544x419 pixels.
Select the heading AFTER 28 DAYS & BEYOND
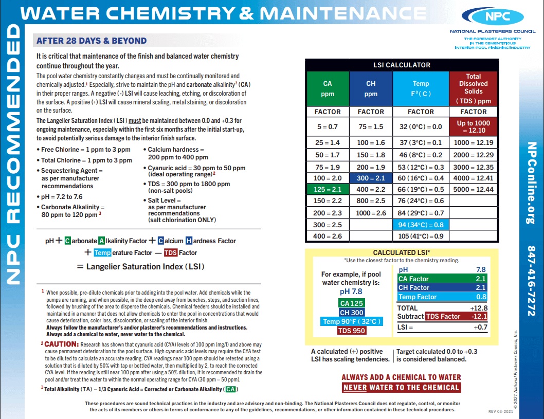(x=92, y=41)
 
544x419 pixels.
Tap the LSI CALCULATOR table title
(x=401, y=65)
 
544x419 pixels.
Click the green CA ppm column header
(x=328, y=88)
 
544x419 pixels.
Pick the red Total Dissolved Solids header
(x=474, y=88)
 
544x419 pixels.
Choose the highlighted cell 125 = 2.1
(x=328, y=189)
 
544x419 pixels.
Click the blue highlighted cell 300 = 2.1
(x=371, y=178)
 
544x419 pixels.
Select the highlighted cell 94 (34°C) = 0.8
(x=421, y=225)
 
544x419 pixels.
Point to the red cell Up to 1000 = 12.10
(x=474, y=126)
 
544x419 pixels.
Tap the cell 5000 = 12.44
(x=474, y=189)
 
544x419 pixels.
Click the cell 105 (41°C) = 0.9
(x=421, y=236)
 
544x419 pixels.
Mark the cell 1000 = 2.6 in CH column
(x=371, y=213)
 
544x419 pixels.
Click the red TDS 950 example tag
(x=352, y=331)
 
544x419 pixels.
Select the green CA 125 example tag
(x=352, y=303)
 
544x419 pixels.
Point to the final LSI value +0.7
(x=479, y=327)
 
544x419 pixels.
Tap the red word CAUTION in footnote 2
(x=61, y=344)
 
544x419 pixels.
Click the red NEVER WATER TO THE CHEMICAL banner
(x=401, y=388)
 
